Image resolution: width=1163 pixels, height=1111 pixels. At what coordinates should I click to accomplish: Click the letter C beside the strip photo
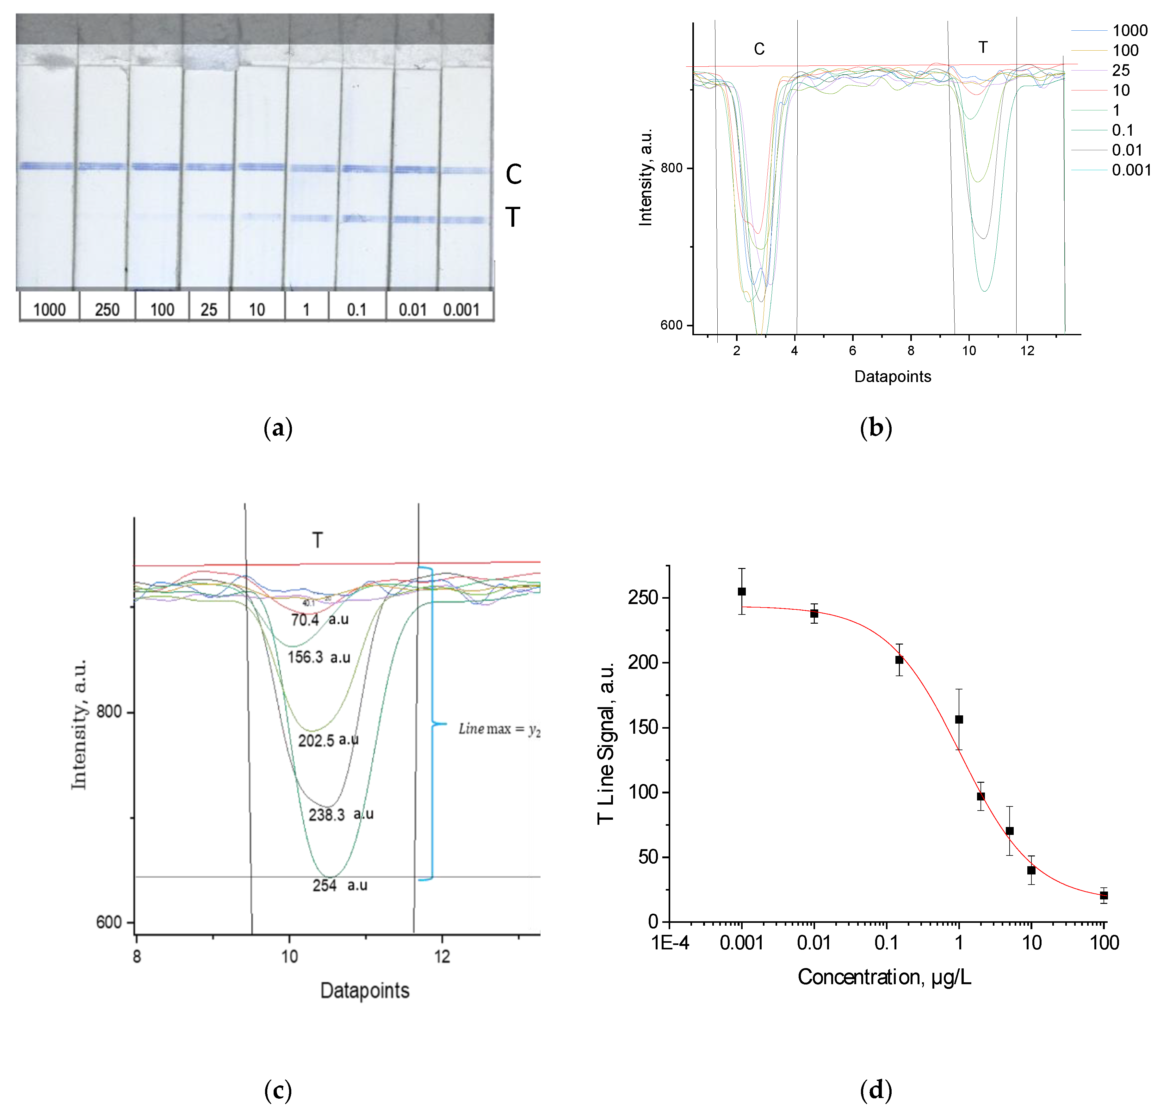pyautogui.click(x=513, y=174)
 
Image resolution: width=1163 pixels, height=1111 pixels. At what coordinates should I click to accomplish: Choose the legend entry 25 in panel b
pyautogui.click(x=1120, y=71)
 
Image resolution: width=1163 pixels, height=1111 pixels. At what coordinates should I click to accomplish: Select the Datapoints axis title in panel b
pyautogui.click(x=892, y=377)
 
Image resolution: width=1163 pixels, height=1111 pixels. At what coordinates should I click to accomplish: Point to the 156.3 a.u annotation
pyautogui.click(x=319, y=657)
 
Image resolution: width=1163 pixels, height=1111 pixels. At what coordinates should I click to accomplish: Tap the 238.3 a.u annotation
pyautogui.click(x=341, y=814)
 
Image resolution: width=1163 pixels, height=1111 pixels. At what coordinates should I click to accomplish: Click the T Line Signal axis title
pyautogui.click(x=606, y=743)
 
